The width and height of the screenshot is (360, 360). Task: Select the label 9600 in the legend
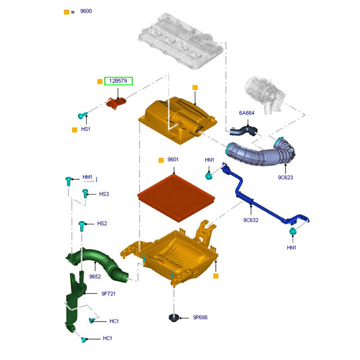click(x=85, y=11)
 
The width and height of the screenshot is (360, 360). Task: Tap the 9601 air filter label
click(x=173, y=160)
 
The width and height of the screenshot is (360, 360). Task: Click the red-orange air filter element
click(x=176, y=196)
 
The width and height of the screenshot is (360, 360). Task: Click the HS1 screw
click(x=81, y=116)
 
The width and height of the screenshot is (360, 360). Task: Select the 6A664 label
click(x=247, y=113)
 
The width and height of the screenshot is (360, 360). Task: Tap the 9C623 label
click(x=285, y=177)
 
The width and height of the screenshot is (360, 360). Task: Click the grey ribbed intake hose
click(x=261, y=153)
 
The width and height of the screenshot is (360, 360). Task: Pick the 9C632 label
click(x=250, y=220)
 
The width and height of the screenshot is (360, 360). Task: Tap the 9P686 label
click(x=200, y=318)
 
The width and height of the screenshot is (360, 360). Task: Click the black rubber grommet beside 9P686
click(x=174, y=318)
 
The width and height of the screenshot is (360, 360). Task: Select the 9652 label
click(x=95, y=277)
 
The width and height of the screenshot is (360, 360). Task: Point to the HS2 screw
click(x=82, y=225)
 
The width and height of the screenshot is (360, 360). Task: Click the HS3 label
click(x=104, y=194)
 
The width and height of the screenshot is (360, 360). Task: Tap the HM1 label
click(x=87, y=178)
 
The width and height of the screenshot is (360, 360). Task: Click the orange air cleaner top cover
click(x=178, y=119)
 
